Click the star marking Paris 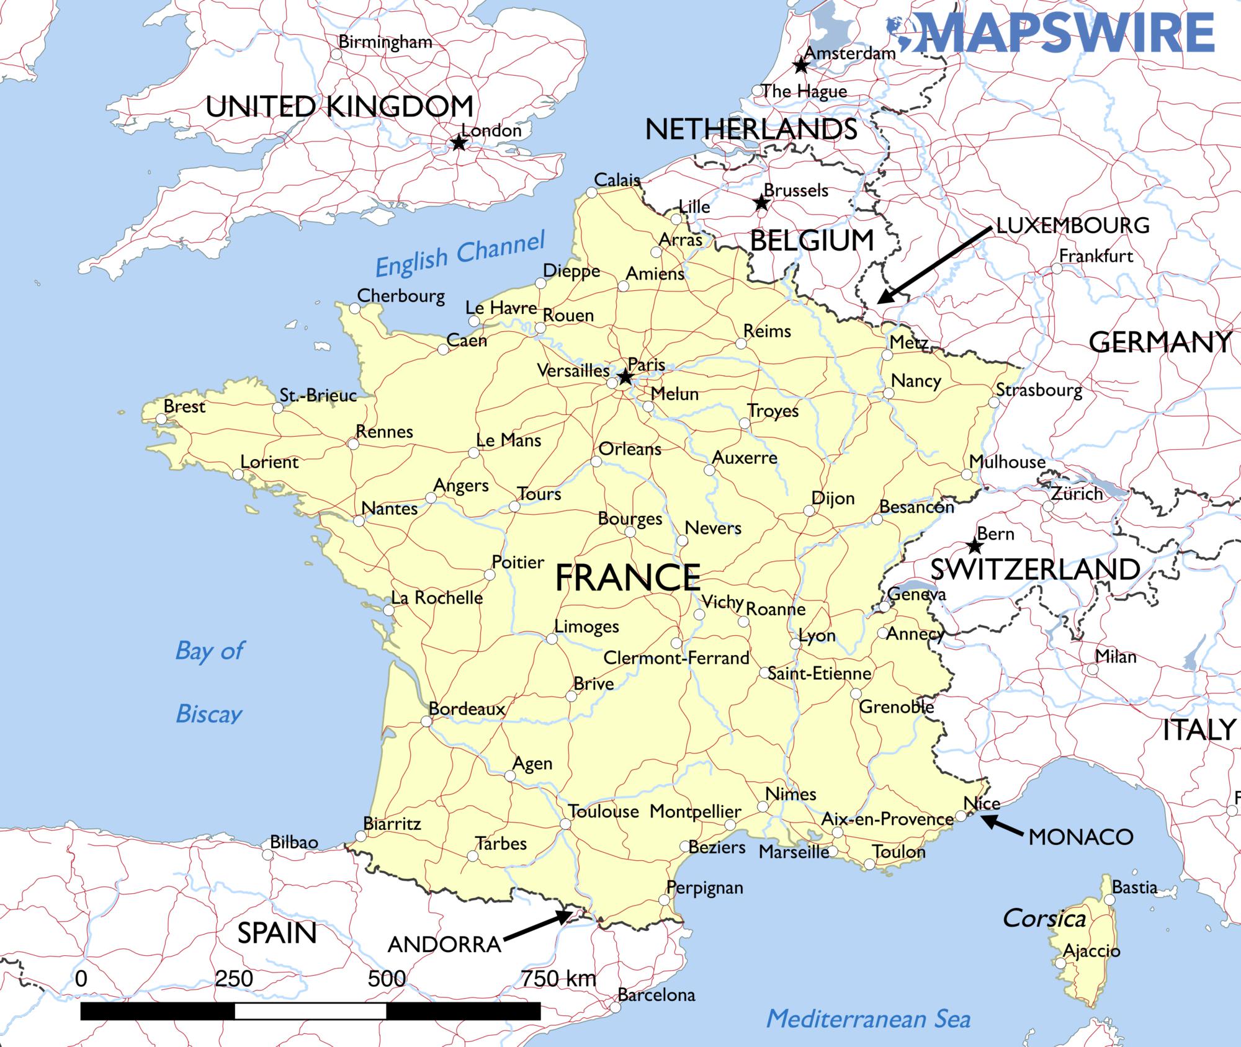[625, 377]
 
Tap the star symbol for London [459, 143]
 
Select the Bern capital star [975, 546]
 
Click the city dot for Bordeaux [426, 721]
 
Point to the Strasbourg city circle [993, 403]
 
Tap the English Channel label [460, 254]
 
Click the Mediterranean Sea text [868, 1018]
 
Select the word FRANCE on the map [627, 577]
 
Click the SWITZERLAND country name [1035, 569]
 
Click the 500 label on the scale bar [387, 979]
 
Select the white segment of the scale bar [310, 1011]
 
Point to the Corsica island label [1044, 919]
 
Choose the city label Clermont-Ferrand [676, 657]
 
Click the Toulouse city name [603, 811]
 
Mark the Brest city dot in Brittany [161, 419]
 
